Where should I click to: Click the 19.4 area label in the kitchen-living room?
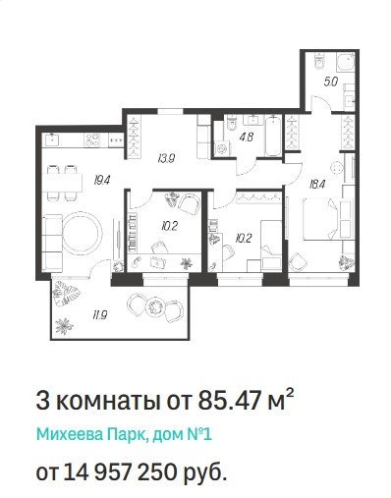[102, 181]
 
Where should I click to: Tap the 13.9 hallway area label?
[166, 159]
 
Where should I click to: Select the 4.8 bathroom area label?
[247, 137]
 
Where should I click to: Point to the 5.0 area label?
[330, 82]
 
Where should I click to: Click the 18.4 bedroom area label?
[317, 185]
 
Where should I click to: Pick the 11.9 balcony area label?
[100, 315]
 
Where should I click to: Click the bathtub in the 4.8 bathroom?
[273, 136]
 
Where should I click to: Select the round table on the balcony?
[154, 306]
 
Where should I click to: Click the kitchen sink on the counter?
[53, 139]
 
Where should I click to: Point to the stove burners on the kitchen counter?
[92, 140]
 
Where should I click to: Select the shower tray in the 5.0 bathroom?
[346, 64]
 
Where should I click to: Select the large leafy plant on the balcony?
[68, 294]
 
